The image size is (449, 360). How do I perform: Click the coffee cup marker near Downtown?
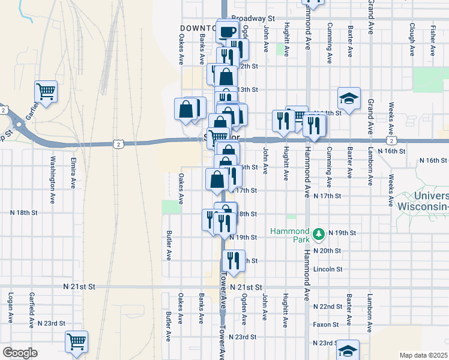click(227, 32)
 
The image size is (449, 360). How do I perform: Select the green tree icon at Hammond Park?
click(319, 233)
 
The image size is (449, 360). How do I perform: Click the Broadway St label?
click(253, 19)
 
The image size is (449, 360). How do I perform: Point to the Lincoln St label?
click(328, 269)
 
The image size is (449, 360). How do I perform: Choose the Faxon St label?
click(326, 324)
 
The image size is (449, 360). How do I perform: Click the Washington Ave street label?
click(53, 173)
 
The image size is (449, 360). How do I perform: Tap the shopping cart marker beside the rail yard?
click(46, 92)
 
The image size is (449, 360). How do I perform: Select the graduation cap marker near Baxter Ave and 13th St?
click(348, 98)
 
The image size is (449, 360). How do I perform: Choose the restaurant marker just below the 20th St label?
click(232, 260)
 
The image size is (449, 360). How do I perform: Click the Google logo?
click(20, 353)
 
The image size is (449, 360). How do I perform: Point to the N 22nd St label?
click(327, 307)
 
